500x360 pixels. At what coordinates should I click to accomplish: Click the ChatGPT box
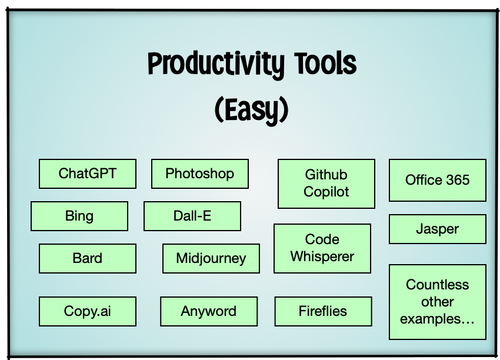tap(88, 174)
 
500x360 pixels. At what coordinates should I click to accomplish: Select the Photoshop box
tap(200, 174)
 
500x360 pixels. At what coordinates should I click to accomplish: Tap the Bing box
tap(79, 216)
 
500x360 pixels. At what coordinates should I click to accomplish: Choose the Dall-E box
tap(192, 216)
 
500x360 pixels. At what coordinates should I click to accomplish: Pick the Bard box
tap(88, 258)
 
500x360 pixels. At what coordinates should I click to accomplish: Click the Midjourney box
tap(211, 258)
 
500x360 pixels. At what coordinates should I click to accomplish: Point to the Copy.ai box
tap(88, 311)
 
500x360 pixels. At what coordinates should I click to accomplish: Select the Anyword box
tap(209, 311)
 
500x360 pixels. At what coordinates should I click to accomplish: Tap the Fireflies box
tap(323, 311)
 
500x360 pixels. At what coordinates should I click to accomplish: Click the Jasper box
tap(438, 229)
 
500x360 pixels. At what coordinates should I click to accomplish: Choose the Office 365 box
tap(438, 180)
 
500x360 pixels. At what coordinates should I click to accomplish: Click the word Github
tap(326, 175)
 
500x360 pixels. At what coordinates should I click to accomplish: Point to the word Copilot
tap(326, 192)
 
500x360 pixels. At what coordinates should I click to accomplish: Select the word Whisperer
tap(322, 256)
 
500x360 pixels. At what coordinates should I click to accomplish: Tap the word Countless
tap(437, 285)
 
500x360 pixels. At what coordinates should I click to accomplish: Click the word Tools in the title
tap(325, 63)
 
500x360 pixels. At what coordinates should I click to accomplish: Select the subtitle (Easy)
tap(252, 110)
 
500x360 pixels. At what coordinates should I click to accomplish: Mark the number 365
tap(458, 180)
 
